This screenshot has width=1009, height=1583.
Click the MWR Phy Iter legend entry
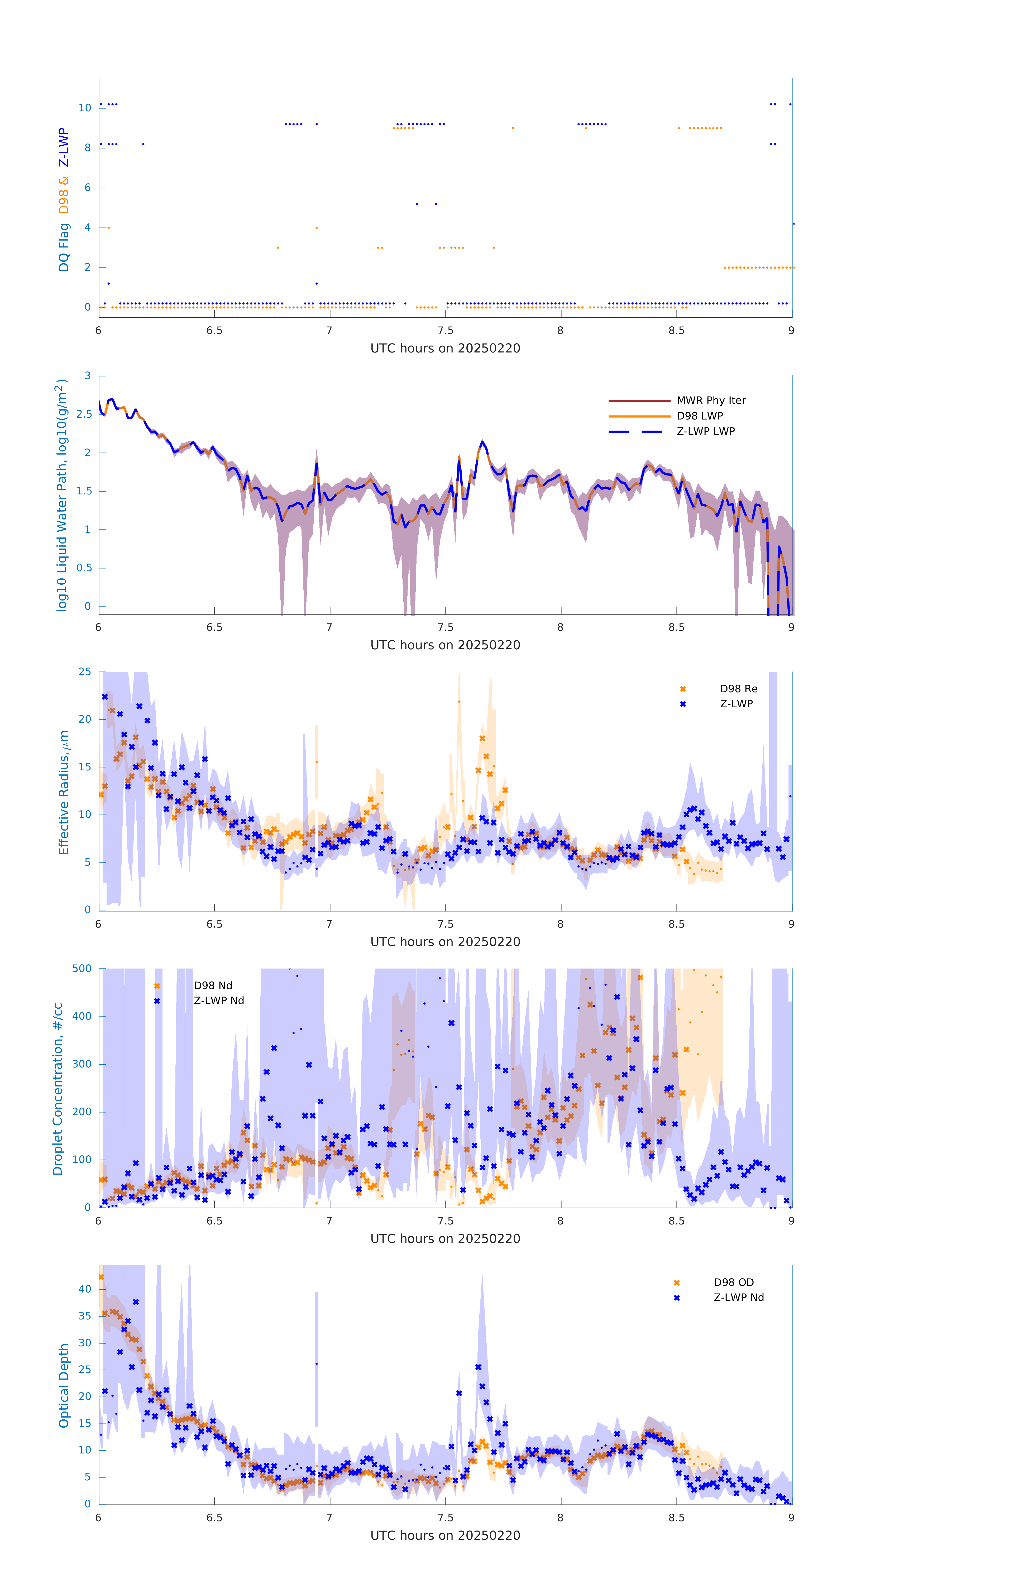(x=711, y=400)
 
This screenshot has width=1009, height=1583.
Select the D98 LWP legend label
(x=699, y=416)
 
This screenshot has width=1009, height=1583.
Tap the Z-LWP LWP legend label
(x=705, y=431)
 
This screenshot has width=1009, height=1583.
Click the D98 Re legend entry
(x=738, y=689)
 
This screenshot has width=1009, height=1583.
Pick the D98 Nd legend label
(x=212, y=985)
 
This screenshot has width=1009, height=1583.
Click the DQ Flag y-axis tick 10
(x=85, y=108)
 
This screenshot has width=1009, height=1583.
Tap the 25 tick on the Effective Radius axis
(x=85, y=672)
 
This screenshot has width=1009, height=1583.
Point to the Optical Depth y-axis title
(x=64, y=1386)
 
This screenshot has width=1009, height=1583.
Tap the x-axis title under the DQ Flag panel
(x=445, y=349)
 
